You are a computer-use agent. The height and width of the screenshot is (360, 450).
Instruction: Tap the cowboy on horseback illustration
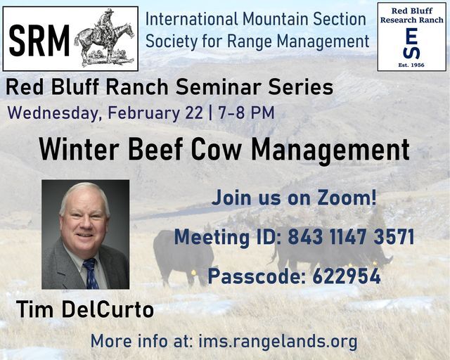[x=104, y=37]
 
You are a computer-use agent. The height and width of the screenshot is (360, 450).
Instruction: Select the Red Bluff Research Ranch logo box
[x=411, y=36]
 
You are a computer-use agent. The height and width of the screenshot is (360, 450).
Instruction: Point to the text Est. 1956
[x=412, y=64]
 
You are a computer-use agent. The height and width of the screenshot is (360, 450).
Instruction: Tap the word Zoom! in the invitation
[x=344, y=198]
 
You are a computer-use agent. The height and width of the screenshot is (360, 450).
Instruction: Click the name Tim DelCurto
[x=84, y=309]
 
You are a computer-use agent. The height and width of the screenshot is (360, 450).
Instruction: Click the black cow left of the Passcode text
[x=180, y=255]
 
